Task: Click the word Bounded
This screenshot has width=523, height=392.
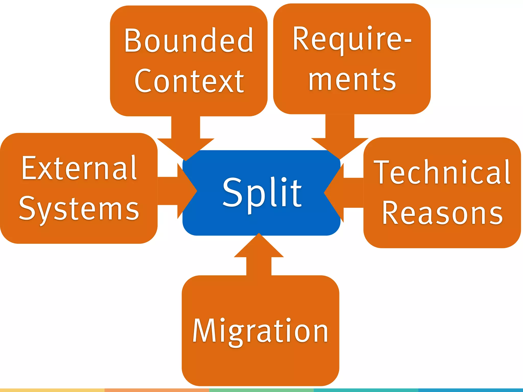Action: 188,41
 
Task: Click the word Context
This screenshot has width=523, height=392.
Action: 189,81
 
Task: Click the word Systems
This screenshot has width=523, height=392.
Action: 79,209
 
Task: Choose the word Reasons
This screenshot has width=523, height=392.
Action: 442,213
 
